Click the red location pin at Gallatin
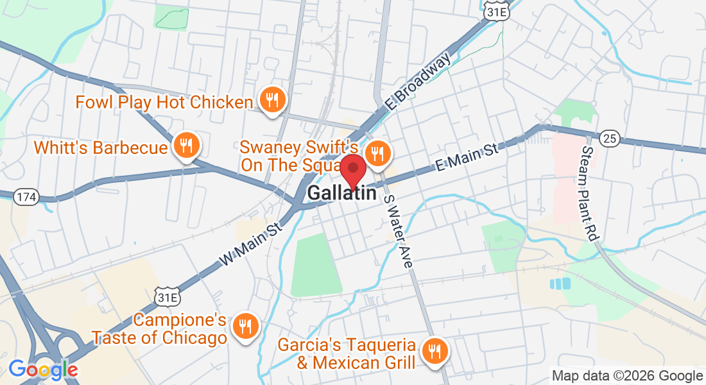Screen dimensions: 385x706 click(x=352, y=169)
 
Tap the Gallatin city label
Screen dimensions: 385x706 click(x=341, y=192)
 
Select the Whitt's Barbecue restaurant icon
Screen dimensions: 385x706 click(x=186, y=145)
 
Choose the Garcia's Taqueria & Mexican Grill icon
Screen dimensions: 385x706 click(x=435, y=350)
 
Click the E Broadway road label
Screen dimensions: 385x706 click(x=420, y=80)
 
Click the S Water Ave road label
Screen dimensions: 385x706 click(x=398, y=231)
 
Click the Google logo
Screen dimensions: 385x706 click(x=43, y=369)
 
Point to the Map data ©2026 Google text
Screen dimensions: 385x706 click(x=627, y=376)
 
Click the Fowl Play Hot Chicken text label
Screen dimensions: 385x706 click(x=164, y=102)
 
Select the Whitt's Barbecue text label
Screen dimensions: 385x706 click(x=101, y=148)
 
